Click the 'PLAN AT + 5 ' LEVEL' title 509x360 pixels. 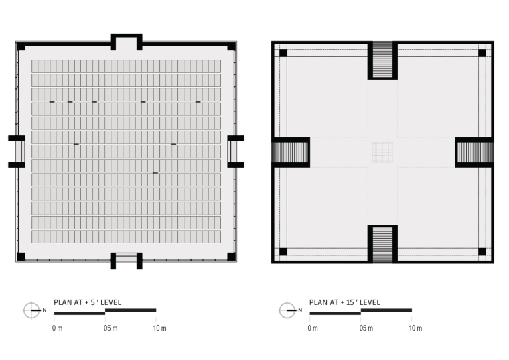pos(87,302)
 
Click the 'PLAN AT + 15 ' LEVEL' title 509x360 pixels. pos(344,302)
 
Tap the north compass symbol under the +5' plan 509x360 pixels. pos(31,310)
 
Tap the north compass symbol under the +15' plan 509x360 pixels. pos(287,310)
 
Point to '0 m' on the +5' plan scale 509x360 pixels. pos(57,328)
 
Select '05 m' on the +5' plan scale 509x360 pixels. pos(111,328)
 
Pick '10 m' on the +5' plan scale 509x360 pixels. pos(159,328)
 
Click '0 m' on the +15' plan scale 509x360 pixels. pos(313,328)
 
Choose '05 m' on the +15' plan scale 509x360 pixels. pos(366,328)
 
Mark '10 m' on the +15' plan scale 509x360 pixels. pos(415,328)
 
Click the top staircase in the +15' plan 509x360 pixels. pos(382,60)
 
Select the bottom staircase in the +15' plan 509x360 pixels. pos(382,245)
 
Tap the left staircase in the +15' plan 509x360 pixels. pos(290,152)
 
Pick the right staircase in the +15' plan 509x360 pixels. pos(476,152)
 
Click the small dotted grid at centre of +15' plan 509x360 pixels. pos(382,152)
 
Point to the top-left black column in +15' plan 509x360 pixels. pos(283,53)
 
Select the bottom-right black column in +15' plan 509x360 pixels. pos(482,251)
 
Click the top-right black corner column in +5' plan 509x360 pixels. pos(232,46)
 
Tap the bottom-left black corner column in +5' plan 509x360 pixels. pos(21,257)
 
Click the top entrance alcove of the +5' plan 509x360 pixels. pos(127,42)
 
